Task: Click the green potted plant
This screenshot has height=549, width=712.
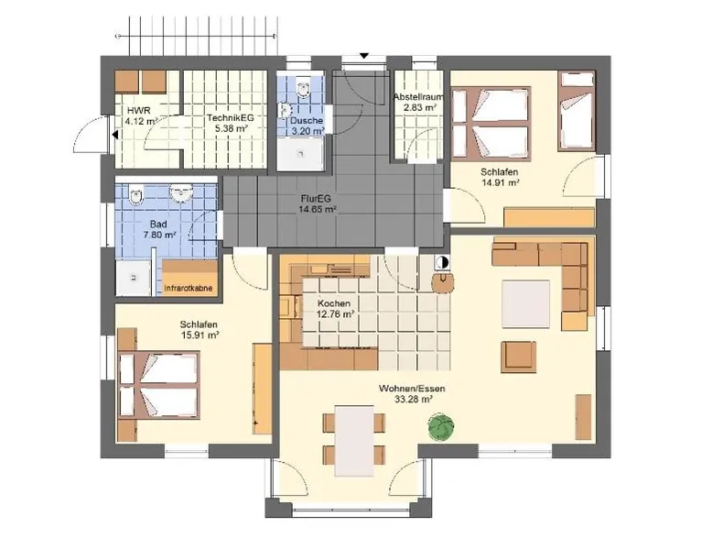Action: pos(440,427)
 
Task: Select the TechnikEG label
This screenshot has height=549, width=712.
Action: pos(231,117)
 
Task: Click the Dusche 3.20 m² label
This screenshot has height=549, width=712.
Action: pos(307,126)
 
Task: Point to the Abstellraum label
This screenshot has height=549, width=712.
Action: pos(417,97)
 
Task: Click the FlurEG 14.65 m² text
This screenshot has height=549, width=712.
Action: pos(318,203)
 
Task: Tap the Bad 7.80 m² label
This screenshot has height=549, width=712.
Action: pos(159,229)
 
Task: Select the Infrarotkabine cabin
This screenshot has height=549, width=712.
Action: pos(189,278)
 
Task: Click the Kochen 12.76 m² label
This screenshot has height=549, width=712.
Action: pos(334,308)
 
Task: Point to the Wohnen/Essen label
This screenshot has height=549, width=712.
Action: pos(412,389)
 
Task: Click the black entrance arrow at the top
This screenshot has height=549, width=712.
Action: pos(363,56)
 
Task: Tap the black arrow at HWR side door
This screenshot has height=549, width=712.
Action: pos(115,135)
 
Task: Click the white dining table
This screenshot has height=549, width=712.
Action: pos(354,440)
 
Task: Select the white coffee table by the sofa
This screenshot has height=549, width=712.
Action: pos(526,303)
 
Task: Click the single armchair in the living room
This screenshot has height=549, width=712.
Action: pos(519,357)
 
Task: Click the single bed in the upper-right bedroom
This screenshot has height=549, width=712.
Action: pos(577,111)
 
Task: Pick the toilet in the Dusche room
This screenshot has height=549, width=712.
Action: pos(303,88)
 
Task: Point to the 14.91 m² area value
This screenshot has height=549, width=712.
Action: pos(500,183)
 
